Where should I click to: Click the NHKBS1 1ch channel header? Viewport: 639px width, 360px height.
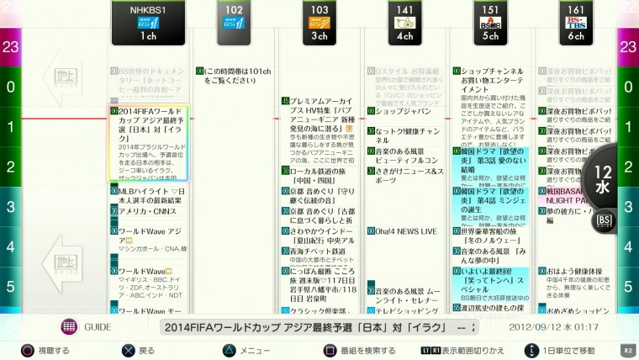[147, 24]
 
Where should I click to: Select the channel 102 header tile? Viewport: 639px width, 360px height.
[234, 24]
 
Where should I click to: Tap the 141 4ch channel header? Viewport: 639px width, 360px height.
[406, 24]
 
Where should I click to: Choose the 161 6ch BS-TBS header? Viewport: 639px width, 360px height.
[576, 24]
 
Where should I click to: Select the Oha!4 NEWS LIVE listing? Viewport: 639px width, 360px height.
[406, 231]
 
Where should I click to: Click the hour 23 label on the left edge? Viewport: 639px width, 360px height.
[10, 47]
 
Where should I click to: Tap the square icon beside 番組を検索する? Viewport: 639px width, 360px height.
[330, 349]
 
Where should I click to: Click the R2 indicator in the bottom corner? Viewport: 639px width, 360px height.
[626, 349]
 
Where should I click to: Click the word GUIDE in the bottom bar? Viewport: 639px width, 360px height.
[98, 326]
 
